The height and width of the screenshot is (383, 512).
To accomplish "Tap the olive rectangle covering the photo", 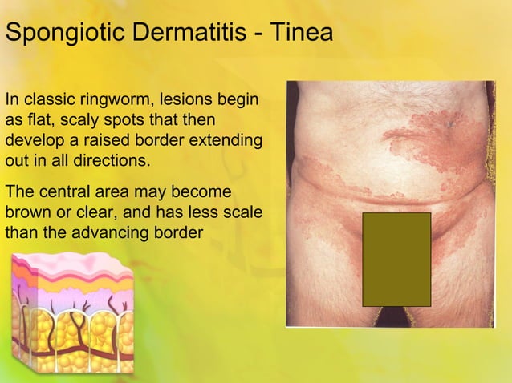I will point(396,259).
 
